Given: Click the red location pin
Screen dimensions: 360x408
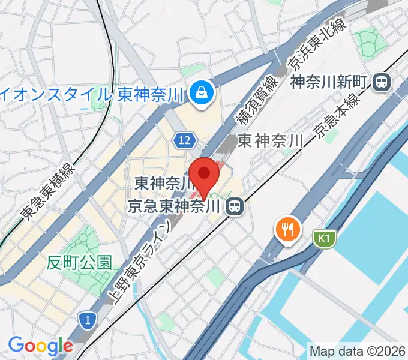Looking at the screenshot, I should pos(205,175).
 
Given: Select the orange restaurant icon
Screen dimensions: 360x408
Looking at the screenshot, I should pos(287,229).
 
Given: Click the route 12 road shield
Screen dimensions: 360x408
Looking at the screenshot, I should pos(185,140).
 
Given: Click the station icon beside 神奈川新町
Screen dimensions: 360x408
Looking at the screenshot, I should pos(380,82).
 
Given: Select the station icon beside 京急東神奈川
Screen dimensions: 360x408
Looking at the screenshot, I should pos(233,207).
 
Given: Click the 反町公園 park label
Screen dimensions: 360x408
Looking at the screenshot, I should pos(80,262).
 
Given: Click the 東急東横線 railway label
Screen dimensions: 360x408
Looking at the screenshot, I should pos(49,191).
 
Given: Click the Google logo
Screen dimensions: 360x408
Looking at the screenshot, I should pos(40,345).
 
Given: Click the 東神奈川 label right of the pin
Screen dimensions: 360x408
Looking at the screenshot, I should pos(268,141).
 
